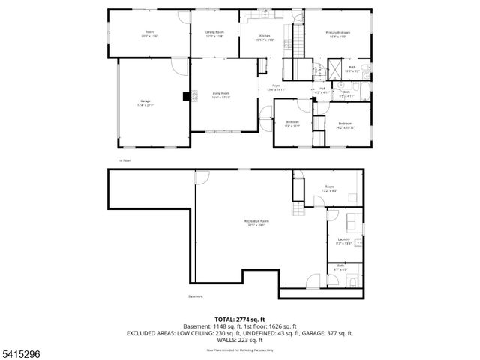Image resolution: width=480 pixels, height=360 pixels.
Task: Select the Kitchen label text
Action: pyautogui.click(x=264, y=37)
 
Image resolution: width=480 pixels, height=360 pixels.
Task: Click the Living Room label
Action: pyautogui.click(x=220, y=94)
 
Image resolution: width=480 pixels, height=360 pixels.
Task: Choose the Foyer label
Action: pyautogui.click(x=276, y=87)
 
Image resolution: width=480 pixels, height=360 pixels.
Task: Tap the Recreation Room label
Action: pyautogui.click(x=256, y=222)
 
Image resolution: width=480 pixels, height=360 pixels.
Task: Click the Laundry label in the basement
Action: pyautogui.click(x=343, y=241)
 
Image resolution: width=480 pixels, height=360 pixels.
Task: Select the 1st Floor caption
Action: pyautogui.click(x=124, y=160)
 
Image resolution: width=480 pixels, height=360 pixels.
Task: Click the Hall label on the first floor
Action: pyautogui.click(x=322, y=89)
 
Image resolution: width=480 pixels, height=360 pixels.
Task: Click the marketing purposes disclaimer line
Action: pyautogui.click(x=240, y=349)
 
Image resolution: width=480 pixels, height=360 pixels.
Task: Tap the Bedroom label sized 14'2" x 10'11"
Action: pyautogui.click(x=346, y=125)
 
